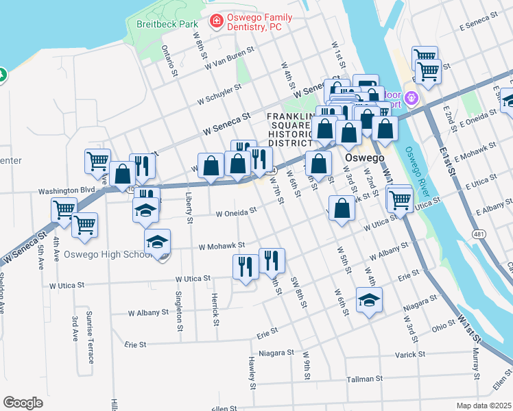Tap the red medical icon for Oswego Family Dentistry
(216, 22)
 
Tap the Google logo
(23, 403)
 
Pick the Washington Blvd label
(66, 190)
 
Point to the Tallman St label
(364, 379)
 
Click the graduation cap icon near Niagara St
(369, 300)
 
